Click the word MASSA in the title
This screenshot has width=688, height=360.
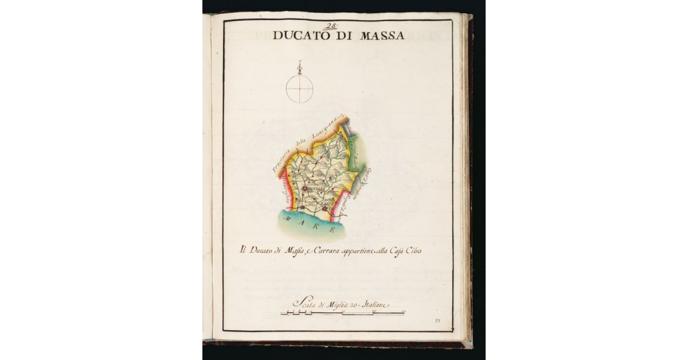(382, 36)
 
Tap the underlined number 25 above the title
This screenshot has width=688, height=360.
(331, 26)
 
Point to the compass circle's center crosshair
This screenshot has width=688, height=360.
(299, 89)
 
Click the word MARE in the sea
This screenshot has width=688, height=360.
(311, 225)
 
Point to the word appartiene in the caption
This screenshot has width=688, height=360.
(361, 252)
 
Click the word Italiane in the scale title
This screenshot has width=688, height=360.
(373, 304)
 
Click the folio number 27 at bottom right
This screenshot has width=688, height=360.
(437, 320)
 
